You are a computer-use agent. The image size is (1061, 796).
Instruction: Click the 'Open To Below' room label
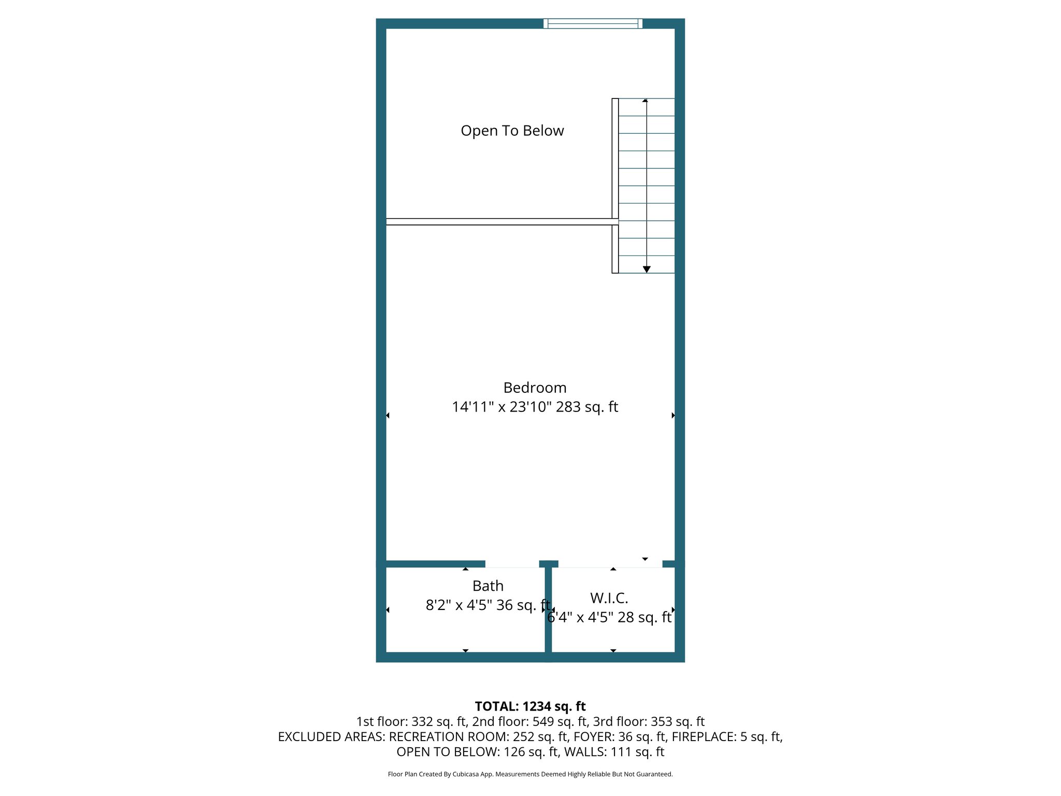pos(512,131)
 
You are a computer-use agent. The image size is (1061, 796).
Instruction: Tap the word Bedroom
pos(535,388)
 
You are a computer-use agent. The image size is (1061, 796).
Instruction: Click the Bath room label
pos(488,586)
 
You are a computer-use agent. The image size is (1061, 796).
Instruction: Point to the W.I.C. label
pos(609,598)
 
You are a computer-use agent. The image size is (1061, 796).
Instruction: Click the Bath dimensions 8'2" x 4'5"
pos(458,605)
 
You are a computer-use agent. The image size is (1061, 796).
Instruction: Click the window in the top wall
pos(593,23)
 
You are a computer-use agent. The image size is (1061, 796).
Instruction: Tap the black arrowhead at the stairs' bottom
pos(647,269)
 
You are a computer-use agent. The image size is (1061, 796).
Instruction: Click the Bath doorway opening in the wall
pos(512,564)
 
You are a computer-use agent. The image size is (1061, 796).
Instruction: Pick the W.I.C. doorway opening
pos(610,564)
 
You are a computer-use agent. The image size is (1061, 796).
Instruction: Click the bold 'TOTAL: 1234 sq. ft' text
pos(530,706)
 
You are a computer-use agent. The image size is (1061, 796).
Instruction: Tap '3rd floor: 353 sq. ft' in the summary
pos(649,721)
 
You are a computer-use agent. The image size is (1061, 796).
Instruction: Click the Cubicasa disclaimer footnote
pos(530,774)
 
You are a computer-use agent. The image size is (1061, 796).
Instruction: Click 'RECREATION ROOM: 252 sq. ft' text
pos(478,736)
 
